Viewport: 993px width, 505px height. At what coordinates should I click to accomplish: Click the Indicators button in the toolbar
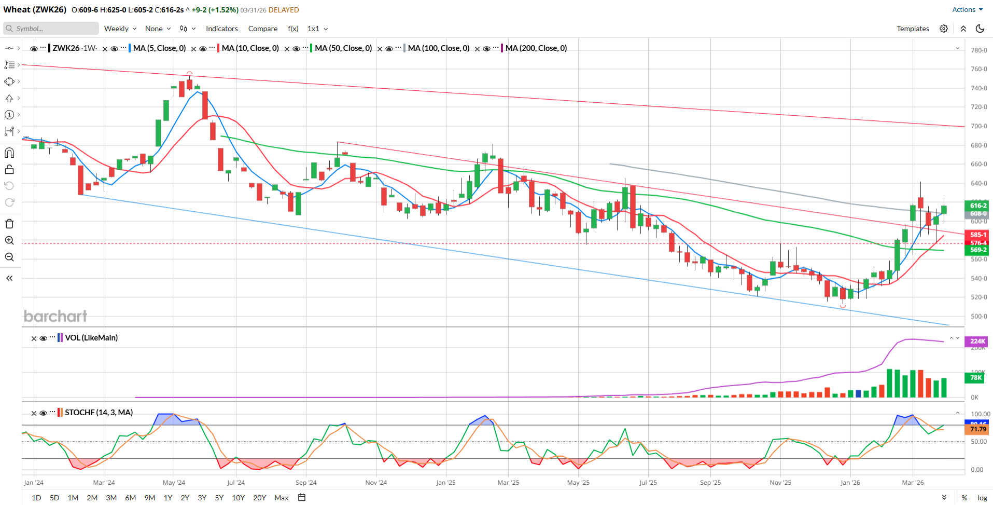click(x=221, y=29)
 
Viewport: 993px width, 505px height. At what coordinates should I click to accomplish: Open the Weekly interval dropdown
click(x=120, y=29)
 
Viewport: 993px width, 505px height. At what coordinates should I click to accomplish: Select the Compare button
click(x=262, y=29)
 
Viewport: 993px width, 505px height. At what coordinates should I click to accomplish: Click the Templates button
click(x=913, y=29)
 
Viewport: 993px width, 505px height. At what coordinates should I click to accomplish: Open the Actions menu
click(x=967, y=9)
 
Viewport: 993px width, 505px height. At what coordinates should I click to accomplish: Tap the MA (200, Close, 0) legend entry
click(x=536, y=48)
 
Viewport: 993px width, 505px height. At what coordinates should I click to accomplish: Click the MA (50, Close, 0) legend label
click(x=343, y=48)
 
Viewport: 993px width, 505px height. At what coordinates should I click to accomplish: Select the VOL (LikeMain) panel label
click(x=91, y=338)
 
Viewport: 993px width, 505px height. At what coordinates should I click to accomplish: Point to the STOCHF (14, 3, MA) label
click(x=99, y=413)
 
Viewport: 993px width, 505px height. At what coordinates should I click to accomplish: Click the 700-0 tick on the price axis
click(x=978, y=126)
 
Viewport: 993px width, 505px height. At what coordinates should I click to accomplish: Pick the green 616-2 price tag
click(x=977, y=206)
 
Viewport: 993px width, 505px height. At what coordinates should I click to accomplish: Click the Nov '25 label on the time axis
click(x=780, y=483)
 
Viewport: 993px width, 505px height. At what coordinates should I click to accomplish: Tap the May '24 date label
click(x=174, y=483)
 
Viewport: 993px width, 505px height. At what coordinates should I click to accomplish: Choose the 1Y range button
click(x=168, y=498)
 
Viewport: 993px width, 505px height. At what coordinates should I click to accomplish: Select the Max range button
click(x=282, y=498)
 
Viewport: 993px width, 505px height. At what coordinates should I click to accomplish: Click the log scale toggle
click(x=982, y=498)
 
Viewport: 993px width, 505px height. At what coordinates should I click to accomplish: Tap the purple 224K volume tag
click(x=977, y=341)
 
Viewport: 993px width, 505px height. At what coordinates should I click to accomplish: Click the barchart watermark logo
click(x=55, y=316)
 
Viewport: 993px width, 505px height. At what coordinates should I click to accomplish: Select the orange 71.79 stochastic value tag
click(x=977, y=429)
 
